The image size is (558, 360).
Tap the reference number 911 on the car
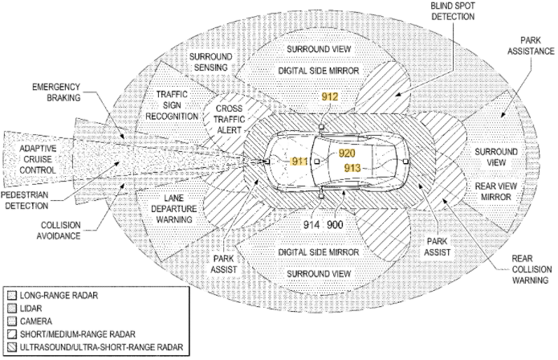299,162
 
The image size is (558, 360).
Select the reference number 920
347,153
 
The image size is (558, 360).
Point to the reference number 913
351,168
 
